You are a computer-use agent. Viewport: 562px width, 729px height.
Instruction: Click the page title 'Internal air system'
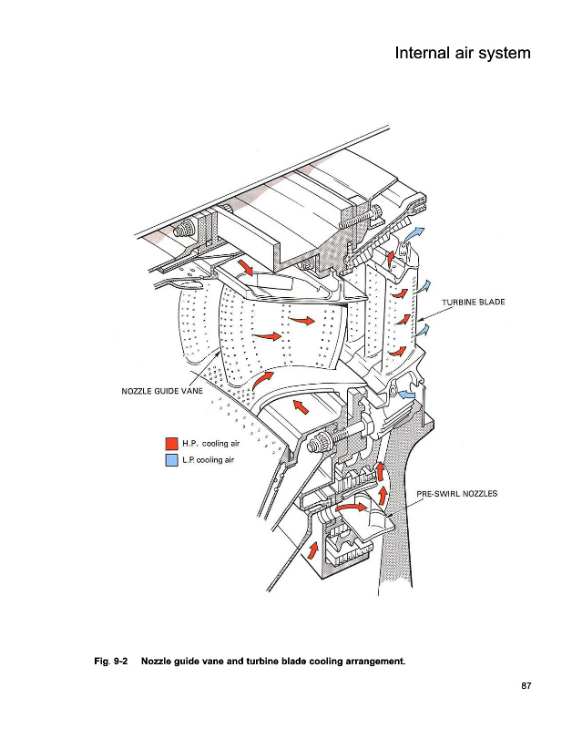[463, 53]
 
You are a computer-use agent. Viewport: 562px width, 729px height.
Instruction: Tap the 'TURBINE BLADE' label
[474, 302]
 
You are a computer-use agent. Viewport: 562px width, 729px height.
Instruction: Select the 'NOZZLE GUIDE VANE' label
[162, 391]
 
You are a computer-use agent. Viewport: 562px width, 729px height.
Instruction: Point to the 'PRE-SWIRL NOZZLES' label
[457, 493]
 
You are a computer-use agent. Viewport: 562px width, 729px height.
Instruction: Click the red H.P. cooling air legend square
[171, 444]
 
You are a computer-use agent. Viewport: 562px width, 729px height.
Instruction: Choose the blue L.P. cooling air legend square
[171, 460]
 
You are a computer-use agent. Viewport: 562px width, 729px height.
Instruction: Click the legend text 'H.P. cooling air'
[211, 444]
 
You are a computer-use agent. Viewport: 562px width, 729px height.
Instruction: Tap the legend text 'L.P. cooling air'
[209, 460]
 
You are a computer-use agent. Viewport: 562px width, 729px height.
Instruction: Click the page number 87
[526, 686]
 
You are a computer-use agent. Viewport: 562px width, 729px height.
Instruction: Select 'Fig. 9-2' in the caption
[111, 662]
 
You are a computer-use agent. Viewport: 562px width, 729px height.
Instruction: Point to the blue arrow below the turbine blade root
[407, 395]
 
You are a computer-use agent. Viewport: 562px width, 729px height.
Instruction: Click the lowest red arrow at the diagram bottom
[312, 550]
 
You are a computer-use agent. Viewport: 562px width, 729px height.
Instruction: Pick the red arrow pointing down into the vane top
[245, 268]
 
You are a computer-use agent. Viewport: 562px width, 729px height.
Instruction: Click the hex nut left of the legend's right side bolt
[319, 442]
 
